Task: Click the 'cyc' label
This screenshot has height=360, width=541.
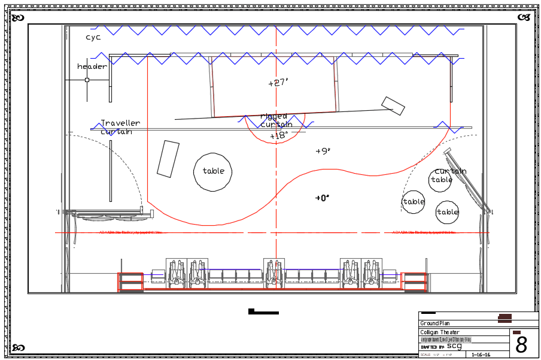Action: click(93, 37)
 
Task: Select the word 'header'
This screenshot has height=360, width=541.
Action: click(92, 66)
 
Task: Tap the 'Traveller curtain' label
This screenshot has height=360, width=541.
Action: click(120, 127)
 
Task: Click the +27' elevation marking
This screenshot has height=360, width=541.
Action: click(278, 83)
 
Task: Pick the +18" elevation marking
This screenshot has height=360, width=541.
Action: click(279, 136)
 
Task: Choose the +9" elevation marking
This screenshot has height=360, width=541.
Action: click(323, 152)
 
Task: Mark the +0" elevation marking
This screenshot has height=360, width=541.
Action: click(323, 198)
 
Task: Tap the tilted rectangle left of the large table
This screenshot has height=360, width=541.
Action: click(168, 159)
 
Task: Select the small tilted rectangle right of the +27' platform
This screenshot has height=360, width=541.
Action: click(393, 105)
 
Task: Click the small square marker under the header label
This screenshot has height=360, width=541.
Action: click(87, 80)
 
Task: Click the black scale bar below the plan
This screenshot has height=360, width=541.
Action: click(263, 311)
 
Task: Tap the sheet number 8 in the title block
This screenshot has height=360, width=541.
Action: click(522, 345)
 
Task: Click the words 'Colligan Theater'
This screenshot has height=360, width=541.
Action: click(440, 332)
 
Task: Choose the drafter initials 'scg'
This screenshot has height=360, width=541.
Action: click(454, 346)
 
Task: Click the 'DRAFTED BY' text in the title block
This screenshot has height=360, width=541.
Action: click(432, 347)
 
